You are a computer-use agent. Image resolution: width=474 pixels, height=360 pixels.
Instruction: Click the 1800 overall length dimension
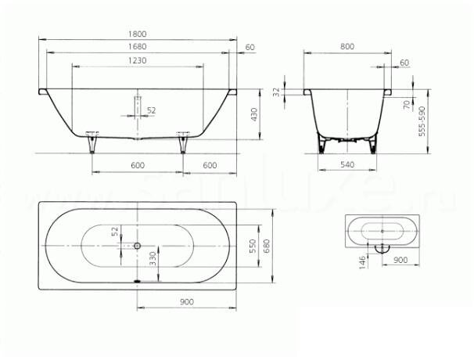pos(137,34)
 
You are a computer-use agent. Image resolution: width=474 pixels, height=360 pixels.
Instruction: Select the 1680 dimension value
pos(137,47)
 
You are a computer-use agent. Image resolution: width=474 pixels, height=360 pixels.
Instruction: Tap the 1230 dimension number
pos(137,60)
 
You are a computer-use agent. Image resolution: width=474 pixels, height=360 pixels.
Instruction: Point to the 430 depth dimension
pos(253,114)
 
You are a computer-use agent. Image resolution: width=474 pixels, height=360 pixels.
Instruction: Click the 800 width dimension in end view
pos(347,47)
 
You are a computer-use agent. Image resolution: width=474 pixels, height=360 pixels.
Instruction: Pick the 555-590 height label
pos(422,121)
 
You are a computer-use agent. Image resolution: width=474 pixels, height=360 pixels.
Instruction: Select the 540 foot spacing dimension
pos(347,164)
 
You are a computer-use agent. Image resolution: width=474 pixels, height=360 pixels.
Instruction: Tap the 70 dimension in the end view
pos(407,104)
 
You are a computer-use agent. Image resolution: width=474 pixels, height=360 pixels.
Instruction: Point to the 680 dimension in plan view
pos(267,246)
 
